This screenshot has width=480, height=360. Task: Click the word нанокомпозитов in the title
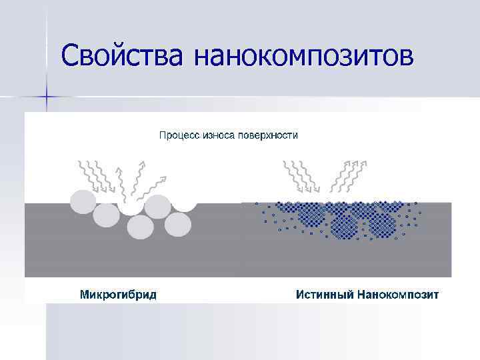[304, 56]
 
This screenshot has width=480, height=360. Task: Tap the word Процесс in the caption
[179, 135]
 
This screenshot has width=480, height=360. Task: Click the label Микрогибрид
[118, 295]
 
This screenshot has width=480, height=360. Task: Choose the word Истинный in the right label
[323, 295]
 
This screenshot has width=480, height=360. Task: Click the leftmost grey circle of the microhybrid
[83, 201]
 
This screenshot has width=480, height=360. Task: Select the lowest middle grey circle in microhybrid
[141, 227]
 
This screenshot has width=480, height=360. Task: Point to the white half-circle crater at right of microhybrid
[184, 205]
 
